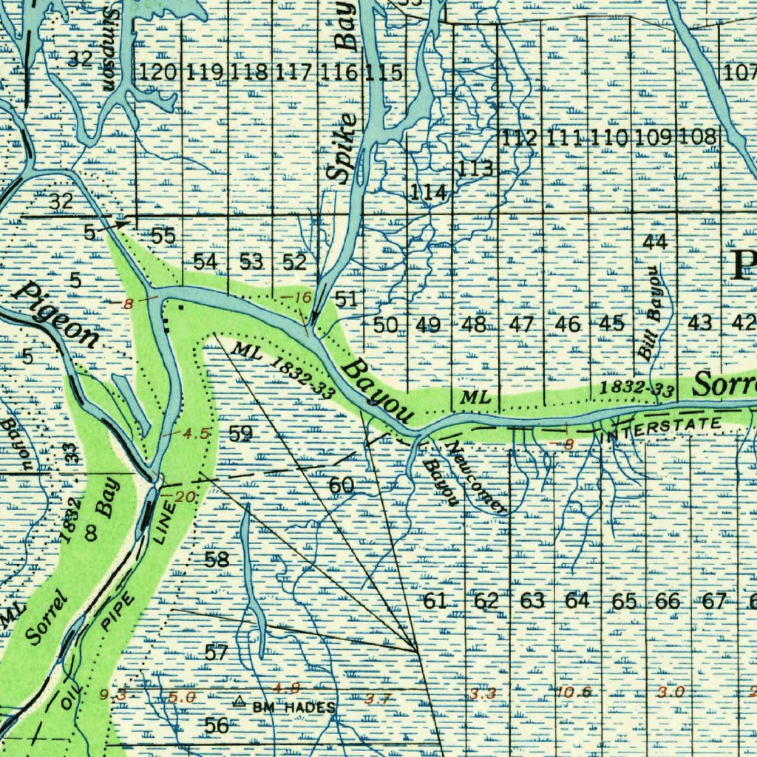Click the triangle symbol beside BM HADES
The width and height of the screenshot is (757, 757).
coord(239,701)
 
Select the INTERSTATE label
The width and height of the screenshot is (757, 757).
coord(664,427)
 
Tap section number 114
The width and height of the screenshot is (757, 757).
coord(429,193)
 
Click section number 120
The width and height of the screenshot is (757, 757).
coord(158,72)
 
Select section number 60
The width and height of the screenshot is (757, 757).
coord(341,486)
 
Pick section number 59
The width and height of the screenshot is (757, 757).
coord(240,434)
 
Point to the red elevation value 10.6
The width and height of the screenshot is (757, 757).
coord(575,692)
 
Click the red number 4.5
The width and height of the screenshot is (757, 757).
coord(195,433)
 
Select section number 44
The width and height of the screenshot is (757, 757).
coord(655,242)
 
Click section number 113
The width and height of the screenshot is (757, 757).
coord(475,169)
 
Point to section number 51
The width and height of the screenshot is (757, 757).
coord(346,299)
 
